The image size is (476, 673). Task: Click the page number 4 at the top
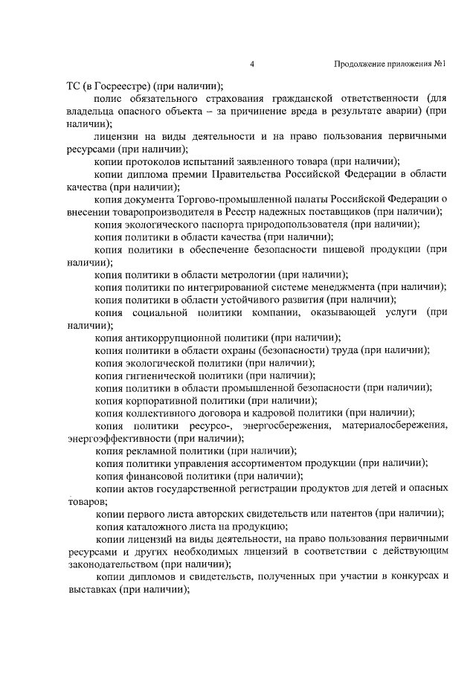(x=253, y=65)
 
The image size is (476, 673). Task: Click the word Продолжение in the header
(x=360, y=65)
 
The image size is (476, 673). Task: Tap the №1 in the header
(x=440, y=65)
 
